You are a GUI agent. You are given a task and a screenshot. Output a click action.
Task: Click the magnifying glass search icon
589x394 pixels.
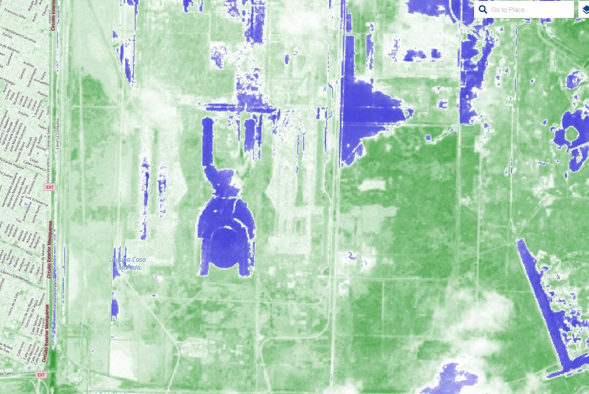483,9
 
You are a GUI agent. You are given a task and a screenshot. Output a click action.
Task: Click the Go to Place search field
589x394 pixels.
530,9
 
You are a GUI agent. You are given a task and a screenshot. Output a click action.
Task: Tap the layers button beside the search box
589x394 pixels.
585,9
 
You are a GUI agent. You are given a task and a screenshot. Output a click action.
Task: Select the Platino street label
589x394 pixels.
42,94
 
